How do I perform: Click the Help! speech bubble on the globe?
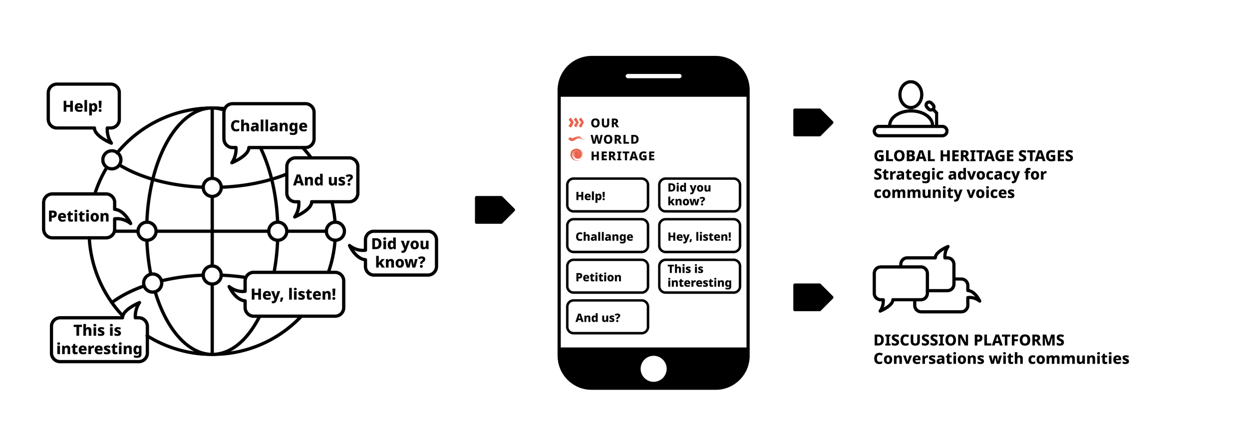(83, 106)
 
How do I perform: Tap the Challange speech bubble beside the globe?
(269, 126)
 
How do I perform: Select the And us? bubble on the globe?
(323, 180)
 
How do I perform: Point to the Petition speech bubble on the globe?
(79, 216)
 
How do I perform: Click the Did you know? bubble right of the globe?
(400, 253)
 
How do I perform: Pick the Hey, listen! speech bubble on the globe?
(294, 294)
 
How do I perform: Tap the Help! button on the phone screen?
(608, 196)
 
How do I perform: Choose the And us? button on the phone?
(608, 317)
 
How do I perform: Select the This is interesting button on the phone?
(699, 276)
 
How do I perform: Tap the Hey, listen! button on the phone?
(699, 236)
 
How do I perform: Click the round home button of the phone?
(653, 369)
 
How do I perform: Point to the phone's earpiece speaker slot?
(653, 76)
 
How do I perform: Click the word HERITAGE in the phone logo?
(623, 156)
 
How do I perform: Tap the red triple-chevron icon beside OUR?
(576, 123)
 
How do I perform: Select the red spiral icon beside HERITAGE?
(576, 155)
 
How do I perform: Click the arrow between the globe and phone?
(494, 210)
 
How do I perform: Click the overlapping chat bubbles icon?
(924, 282)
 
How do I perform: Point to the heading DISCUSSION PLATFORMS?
(969, 340)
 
